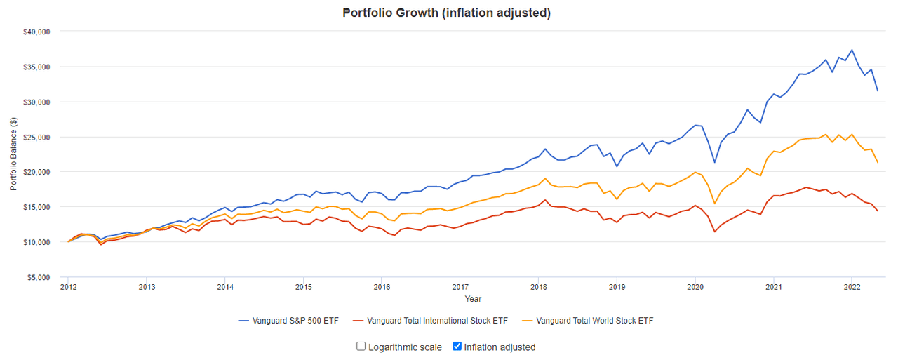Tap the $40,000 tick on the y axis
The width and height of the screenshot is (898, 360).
point(36,32)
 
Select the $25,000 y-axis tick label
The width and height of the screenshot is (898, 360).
point(36,137)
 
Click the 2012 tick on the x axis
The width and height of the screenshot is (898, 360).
point(68,287)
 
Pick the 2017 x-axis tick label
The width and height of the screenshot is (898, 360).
point(460,287)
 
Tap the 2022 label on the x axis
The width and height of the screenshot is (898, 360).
point(852,287)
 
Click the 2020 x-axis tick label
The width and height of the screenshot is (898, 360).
point(695,287)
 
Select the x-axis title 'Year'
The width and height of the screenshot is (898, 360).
point(473,299)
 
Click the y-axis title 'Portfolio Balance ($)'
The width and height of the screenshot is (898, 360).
point(13,154)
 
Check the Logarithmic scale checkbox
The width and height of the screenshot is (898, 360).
point(361,347)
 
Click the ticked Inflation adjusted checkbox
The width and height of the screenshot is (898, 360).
point(457,347)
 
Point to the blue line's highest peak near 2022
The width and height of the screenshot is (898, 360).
point(852,50)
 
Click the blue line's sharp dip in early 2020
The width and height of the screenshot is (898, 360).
point(715,162)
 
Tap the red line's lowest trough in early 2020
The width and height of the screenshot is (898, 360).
point(715,232)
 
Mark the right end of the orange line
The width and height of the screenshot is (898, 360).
point(878,163)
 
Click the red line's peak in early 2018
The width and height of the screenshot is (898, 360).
point(545,200)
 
